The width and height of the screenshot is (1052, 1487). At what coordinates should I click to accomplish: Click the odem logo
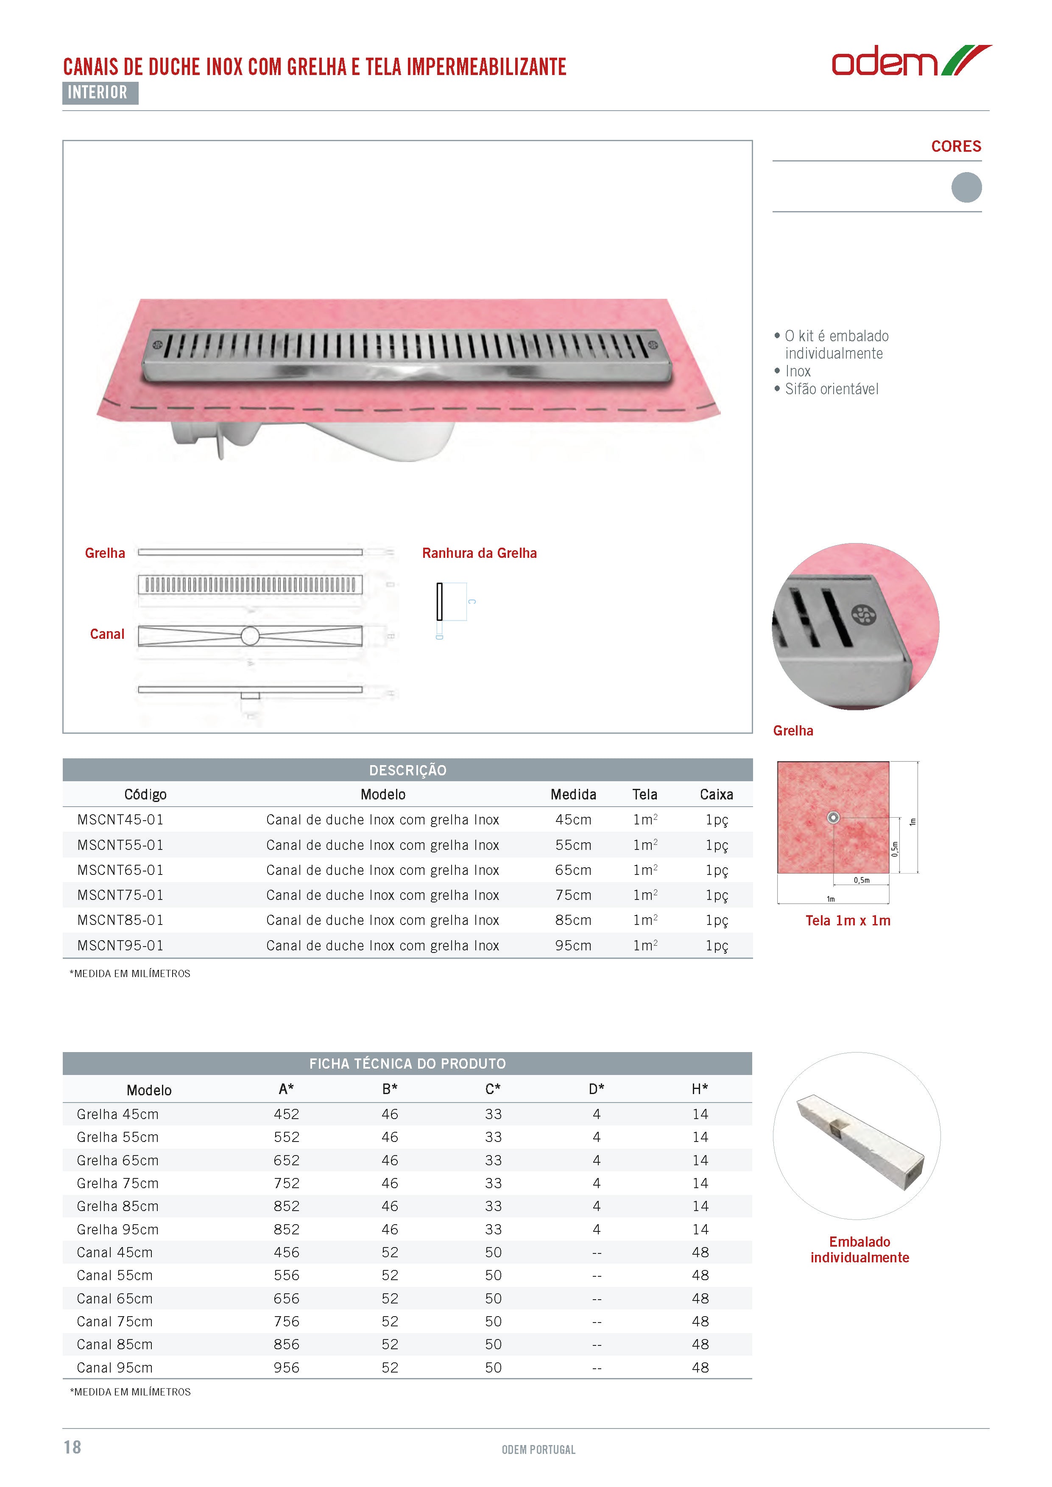click(x=910, y=61)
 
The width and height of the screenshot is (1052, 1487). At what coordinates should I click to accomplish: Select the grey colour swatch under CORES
click(x=966, y=187)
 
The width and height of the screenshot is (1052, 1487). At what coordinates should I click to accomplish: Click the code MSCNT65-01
click(x=120, y=870)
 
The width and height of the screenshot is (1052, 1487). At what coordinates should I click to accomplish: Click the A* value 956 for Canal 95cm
click(x=286, y=1367)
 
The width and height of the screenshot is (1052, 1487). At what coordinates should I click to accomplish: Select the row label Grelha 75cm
click(x=117, y=1183)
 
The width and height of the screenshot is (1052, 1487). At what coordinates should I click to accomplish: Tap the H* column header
click(x=700, y=1089)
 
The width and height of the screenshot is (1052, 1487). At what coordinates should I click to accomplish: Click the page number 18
click(x=73, y=1447)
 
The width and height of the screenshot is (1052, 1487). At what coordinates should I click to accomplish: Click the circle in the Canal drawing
click(x=250, y=636)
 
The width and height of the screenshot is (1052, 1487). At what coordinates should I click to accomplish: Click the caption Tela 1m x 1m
click(x=847, y=920)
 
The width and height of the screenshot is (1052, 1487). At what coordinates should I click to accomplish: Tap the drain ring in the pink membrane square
click(x=834, y=817)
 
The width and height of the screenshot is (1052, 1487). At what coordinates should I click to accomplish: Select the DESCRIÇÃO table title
click(x=407, y=770)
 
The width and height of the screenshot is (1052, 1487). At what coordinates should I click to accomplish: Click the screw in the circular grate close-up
click(x=863, y=615)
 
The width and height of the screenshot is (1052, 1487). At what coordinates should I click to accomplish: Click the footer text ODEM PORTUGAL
click(x=539, y=1449)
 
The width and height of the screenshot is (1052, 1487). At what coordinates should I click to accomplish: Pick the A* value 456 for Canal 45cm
click(x=286, y=1252)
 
